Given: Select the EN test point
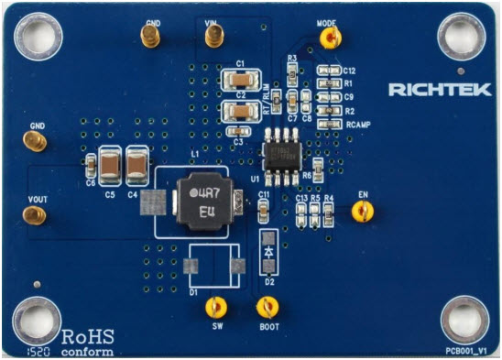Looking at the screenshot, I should point(363,213).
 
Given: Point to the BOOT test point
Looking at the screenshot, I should point(267,308).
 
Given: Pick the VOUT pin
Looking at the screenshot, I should point(34,216).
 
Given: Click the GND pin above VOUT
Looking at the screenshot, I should point(35,142).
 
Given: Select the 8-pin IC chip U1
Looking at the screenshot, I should point(277,149).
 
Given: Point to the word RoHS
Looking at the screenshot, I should point(88,333).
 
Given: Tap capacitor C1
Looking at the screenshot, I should point(241,79).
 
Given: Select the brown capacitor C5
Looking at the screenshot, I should point(111,165).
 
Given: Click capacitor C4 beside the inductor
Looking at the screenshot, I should point(137,164).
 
